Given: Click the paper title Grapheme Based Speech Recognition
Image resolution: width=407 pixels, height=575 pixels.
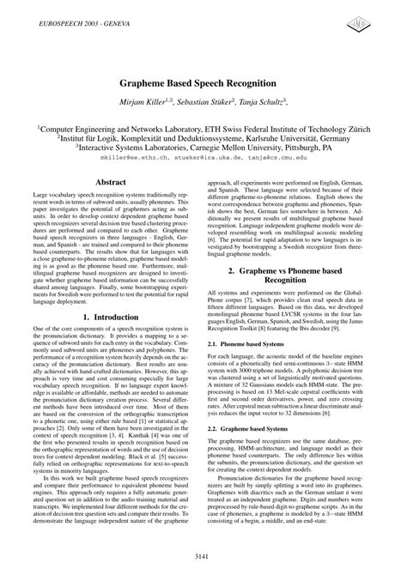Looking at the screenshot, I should (203, 83).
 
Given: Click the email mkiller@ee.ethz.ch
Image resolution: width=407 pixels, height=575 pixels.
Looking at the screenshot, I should (129, 158).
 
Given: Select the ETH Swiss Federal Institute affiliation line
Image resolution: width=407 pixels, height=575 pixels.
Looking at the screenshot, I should (203, 125).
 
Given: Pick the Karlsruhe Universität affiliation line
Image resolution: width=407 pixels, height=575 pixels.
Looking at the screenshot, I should (203, 136).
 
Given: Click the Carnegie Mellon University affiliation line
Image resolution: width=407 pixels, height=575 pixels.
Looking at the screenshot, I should (203, 147).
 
